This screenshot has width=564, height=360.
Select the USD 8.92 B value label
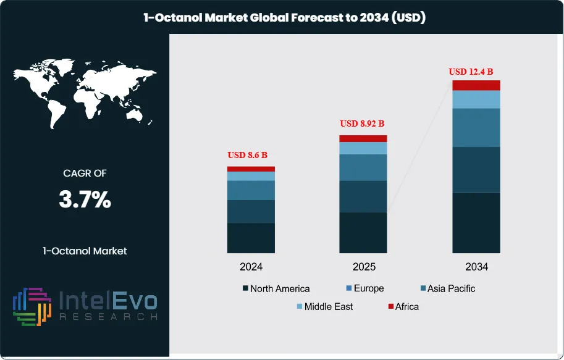(363, 123)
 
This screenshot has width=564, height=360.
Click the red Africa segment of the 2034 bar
(476, 85)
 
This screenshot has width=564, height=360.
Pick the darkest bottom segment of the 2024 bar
(251, 238)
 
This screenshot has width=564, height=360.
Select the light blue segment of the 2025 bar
(363, 148)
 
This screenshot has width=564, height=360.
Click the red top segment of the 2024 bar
(251, 169)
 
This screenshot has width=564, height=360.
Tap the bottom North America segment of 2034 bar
(476, 222)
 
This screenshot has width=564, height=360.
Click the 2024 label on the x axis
(251, 267)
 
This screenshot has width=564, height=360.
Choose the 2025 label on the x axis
(363, 267)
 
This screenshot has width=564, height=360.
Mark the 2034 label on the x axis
(476, 267)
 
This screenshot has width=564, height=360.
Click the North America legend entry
(276, 288)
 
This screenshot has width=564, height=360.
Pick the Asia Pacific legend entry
(447, 288)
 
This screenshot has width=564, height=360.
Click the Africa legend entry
(402, 306)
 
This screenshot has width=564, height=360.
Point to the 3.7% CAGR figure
(85, 199)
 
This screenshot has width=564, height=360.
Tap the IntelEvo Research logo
(85, 306)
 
